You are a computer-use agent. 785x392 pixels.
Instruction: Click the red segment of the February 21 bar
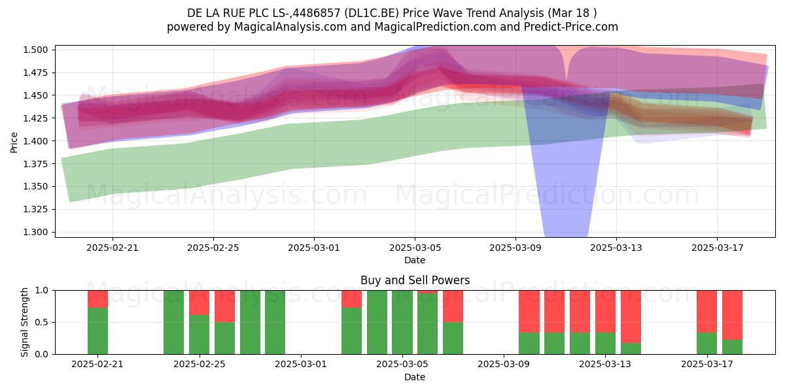pos(97,299)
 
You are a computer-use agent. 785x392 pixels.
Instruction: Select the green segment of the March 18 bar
pos(732,347)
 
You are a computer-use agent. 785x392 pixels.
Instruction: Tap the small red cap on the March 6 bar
pos(428,292)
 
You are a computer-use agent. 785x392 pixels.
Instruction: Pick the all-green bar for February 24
pos(174,322)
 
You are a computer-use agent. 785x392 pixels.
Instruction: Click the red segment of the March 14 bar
pos(631,317)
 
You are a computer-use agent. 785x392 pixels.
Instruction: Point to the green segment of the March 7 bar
pos(453,338)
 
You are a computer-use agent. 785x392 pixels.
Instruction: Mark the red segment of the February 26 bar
pos(224,306)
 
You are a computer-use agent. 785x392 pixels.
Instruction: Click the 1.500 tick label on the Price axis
pos(35,50)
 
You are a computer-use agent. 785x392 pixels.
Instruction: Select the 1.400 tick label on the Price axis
pos(35,141)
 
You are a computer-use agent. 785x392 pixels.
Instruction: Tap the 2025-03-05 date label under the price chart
pos(415,248)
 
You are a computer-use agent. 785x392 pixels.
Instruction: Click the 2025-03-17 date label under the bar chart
pos(707,365)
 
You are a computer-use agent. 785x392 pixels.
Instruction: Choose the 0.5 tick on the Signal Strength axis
pos(41,322)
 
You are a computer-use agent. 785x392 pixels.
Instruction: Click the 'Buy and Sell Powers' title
pos(415,280)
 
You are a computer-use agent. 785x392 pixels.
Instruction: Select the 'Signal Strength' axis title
pos(24,322)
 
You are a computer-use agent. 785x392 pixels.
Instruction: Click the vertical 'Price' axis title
pos(14,142)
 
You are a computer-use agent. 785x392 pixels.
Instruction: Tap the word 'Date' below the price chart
pos(415,261)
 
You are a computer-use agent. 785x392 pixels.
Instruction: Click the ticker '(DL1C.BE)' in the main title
pos(372,13)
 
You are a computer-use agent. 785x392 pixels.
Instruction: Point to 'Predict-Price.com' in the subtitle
pos(571,27)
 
